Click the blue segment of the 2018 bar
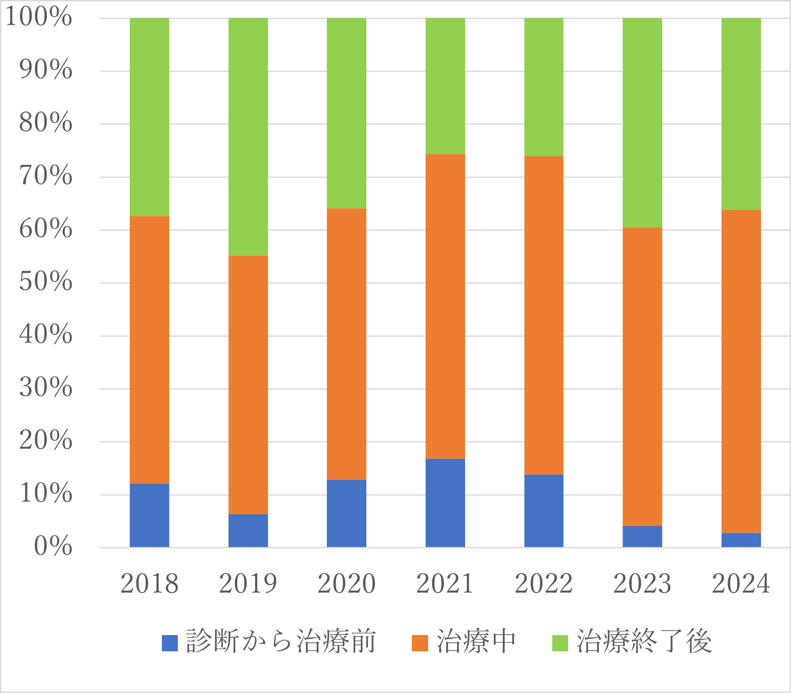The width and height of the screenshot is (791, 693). click(x=149, y=515)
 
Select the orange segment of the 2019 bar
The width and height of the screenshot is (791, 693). click(x=248, y=385)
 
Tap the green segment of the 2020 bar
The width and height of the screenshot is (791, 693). click(x=347, y=113)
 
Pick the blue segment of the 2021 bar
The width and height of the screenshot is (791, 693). click(x=445, y=503)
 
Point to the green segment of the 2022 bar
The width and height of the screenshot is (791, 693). click(x=544, y=87)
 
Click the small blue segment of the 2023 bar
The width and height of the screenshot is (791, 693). click(x=642, y=536)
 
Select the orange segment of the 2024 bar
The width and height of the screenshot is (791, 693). click(x=741, y=371)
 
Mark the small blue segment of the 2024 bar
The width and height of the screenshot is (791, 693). click(x=741, y=540)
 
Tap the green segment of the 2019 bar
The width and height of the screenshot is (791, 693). click(x=248, y=137)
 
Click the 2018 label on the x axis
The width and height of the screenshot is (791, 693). click(x=149, y=584)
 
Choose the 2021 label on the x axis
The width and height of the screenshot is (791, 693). click(x=445, y=584)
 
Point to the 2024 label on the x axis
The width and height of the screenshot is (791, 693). click(x=741, y=584)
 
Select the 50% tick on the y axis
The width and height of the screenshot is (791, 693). click(x=46, y=282)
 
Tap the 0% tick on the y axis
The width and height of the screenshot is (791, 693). click(x=53, y=547)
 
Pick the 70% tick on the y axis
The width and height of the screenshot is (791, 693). click(x=46, y=176)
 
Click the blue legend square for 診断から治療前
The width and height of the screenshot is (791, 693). click(x=170, y=643)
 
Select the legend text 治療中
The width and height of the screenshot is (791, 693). click(x=476, y=642)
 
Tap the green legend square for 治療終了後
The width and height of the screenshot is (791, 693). click(x=560, y=643)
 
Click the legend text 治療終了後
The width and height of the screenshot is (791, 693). click(x=644, y=642)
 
